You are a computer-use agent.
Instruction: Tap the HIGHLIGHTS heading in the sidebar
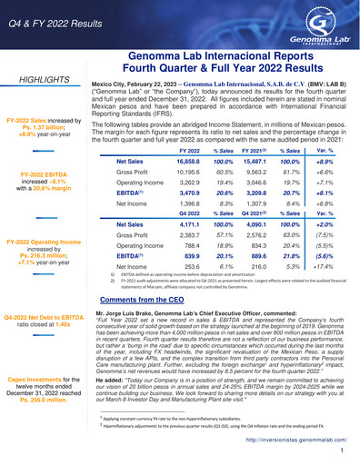[x=45, y=80]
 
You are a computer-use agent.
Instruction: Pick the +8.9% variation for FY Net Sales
[x=324, y=159]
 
